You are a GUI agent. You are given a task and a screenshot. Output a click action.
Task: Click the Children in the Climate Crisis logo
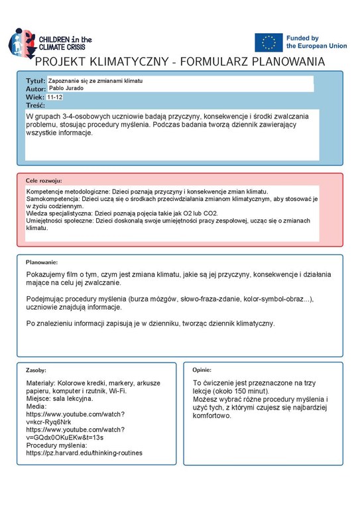point(50,42)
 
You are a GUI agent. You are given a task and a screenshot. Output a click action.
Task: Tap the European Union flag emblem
point(269,42)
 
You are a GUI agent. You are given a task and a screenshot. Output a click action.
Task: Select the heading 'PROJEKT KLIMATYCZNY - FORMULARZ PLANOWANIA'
point(180,62)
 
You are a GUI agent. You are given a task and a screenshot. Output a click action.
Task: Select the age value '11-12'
point(55,97)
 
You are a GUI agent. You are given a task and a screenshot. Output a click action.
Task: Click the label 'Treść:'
point(35,105)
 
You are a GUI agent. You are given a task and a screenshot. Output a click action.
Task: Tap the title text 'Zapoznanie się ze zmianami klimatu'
point(95,80)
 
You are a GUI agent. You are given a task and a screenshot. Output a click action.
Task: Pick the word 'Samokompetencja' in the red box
point(53,198)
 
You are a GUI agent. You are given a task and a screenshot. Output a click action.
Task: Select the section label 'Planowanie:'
point(42,262)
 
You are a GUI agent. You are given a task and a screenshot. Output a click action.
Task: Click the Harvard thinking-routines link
point(84,453)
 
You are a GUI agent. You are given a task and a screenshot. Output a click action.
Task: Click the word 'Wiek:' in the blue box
point(35,97)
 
